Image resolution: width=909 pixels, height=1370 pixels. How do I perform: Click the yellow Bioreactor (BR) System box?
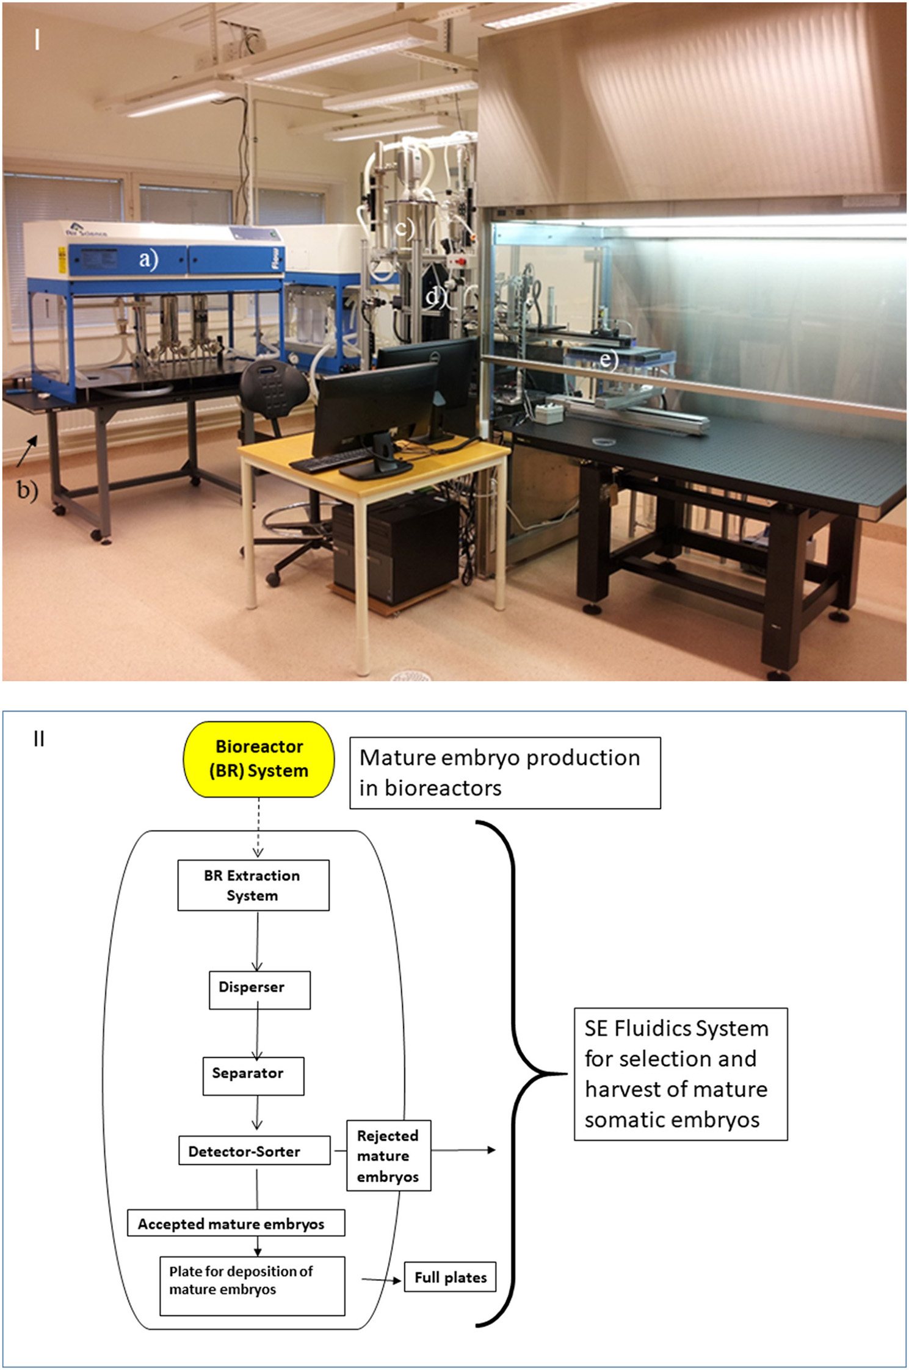259,759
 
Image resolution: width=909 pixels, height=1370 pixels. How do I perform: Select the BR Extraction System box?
253,885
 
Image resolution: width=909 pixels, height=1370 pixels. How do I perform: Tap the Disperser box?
259,989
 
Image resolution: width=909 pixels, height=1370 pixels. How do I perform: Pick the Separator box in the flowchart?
253,1075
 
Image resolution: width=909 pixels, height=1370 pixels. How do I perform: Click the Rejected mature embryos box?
388,1155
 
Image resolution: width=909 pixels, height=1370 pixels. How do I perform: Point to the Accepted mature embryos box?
236,1223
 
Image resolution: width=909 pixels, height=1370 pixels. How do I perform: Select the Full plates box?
450,1277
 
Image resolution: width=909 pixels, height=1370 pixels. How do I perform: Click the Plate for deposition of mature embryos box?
252,1285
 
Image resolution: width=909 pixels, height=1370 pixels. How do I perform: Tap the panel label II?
39,739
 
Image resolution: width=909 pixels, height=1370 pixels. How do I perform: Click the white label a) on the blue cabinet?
148,259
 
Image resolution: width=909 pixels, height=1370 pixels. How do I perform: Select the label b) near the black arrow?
26,489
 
